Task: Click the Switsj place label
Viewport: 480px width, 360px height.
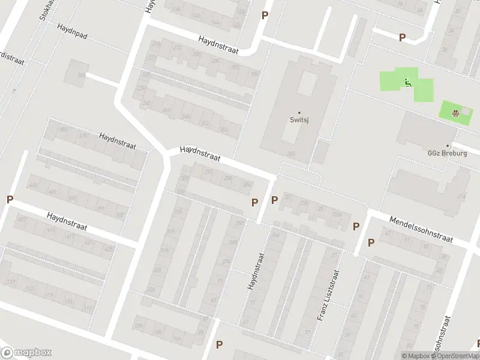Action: point(299,120)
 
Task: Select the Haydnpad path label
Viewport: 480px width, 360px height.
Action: point(73,32)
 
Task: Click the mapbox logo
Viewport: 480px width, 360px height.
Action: point(26,353)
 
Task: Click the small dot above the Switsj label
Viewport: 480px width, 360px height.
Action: point(299,112)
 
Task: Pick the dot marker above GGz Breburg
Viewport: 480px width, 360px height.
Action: point(455,145)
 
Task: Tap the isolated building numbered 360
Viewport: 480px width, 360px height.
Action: point(80,75)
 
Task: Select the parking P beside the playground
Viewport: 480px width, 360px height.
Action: point(402,37)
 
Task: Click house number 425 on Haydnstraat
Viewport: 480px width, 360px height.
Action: point(108,248)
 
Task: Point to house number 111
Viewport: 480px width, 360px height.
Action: point(88,308)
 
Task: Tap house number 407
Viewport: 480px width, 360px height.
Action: point(22,220)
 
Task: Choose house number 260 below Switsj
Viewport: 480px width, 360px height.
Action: point(292,154)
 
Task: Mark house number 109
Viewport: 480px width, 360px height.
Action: point(139,326)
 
